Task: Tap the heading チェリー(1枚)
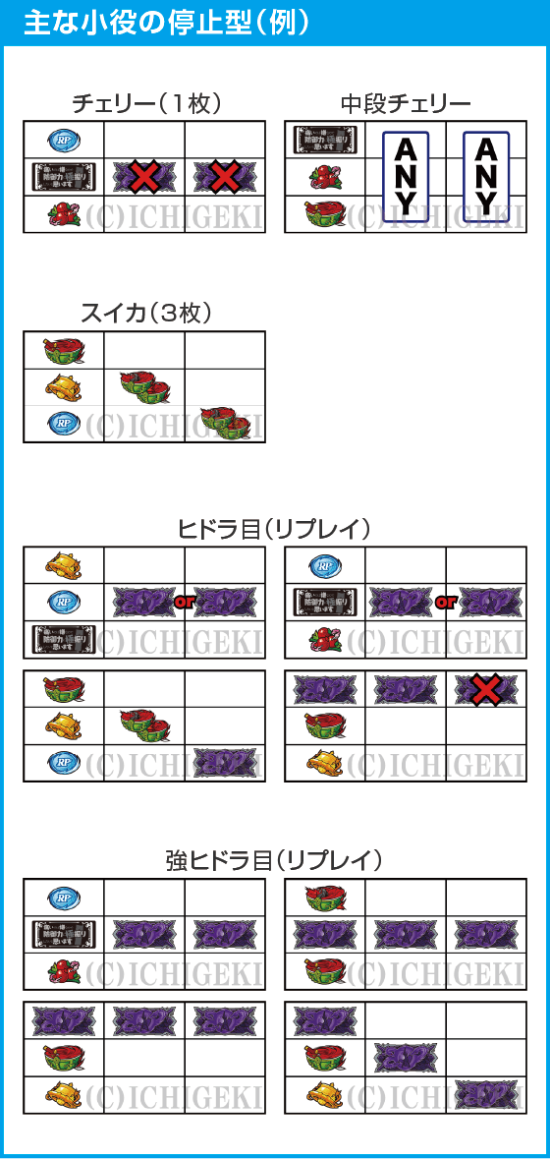coord(144,103)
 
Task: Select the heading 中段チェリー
coord(406,103)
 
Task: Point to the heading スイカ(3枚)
coord(144,314)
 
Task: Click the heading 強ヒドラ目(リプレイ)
coord(274,860)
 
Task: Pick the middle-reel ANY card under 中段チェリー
coord(406,176)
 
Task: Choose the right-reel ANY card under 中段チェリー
coord(486,176)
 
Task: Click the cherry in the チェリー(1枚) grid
coord(65,213)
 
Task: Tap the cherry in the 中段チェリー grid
coord(325,177)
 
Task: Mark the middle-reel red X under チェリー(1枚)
coord(144,177)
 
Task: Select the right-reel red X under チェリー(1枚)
coord(225,177)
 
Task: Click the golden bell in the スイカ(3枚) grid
coord(65,386)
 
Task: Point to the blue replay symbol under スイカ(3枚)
coord(65,424)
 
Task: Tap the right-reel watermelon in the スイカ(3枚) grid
coord(225,423)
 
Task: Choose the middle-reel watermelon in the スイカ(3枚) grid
coord(144,386)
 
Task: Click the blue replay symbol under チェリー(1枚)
coord(65,140)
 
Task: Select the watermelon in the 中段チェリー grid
coord(325,213)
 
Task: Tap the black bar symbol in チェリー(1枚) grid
coord(65,177)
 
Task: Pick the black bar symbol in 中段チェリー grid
coord(325,141)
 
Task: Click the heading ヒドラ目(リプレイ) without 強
coord(274,529)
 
